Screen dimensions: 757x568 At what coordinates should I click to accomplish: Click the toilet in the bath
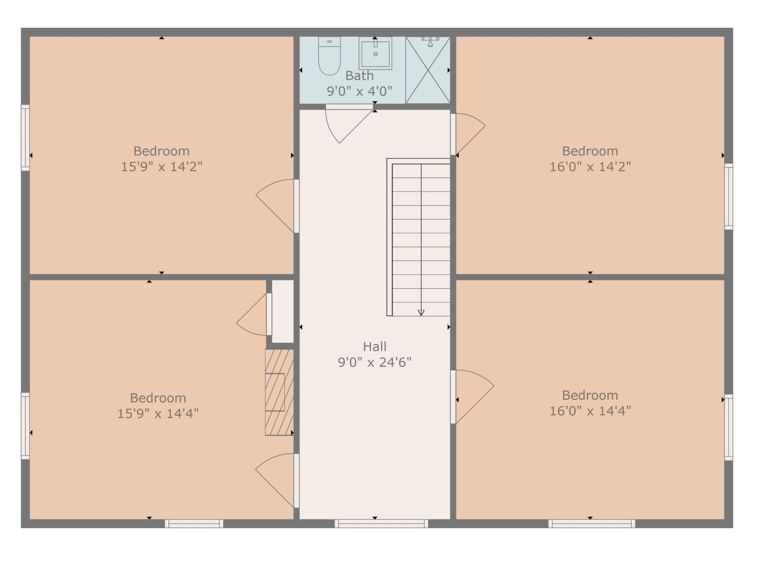(x=329, y=56)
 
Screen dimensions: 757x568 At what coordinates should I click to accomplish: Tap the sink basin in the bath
(x=375, y=53)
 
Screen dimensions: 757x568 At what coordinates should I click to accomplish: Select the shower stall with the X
(x=428, y=70)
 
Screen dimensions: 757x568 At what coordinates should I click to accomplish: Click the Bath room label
(x=359, y=76)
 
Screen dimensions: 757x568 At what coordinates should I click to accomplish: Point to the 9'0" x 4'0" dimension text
(x=359, y=91)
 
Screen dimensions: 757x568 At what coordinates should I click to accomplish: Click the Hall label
(x=375, y=346)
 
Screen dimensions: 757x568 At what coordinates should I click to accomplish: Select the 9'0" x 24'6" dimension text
(x=375, y=362)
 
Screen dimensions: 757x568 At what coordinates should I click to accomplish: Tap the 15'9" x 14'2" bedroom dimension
(x=162, y=167)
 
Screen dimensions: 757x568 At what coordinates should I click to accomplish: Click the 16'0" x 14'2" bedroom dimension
(x=590, y=167)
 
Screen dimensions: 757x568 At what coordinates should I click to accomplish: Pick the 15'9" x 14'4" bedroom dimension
(x=158, y=413)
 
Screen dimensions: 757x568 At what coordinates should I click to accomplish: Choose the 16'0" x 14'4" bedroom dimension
(x=590, y=411)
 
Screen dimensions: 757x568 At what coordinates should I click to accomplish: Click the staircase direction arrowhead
(x=421, y=313)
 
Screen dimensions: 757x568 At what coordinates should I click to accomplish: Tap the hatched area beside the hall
(x=279, y=392)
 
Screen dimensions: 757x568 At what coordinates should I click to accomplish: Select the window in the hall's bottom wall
(x=381, y=523)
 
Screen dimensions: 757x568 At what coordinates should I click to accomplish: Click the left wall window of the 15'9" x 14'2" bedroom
(x=25, y=138)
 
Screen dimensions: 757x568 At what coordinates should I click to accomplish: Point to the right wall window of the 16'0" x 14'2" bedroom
(x=729, y=196)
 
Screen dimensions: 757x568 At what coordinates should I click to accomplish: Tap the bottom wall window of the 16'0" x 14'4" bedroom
(x=592, y=523)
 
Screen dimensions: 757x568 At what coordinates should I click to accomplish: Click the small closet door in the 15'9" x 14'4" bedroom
(x=269, y=314)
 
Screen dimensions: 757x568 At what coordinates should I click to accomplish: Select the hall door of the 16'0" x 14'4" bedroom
(x=453, y=397)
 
